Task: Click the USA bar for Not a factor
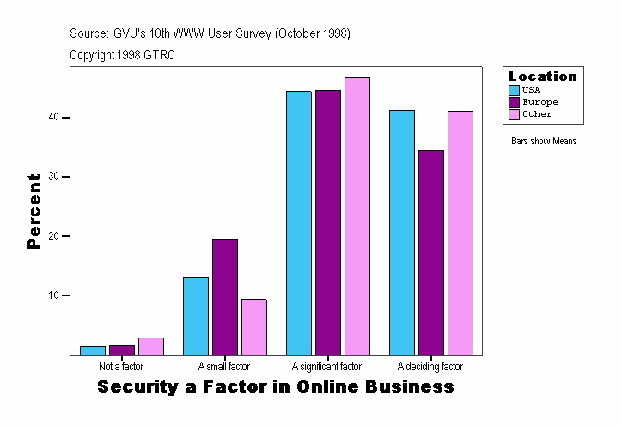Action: click(92, 350)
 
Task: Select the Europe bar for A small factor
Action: click(224, 296)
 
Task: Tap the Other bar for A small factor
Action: click(253, 326)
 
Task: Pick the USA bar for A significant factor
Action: click(299, 222)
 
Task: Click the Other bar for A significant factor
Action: click(357, 216)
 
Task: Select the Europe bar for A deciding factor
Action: click(430, 253)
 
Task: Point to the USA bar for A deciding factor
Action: click(401, 232)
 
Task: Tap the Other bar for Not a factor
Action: click(150, 346)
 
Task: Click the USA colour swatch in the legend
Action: click(515, 90)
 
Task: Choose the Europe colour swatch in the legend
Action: click(515, 102)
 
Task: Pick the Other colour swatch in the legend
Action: click(515, 114)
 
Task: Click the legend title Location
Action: click(543, 76)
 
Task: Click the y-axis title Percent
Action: click(34, 211)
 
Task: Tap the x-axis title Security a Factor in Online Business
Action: click(275, 387)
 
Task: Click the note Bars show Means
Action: click(544, 142)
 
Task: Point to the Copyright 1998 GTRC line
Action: click(123, 55)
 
